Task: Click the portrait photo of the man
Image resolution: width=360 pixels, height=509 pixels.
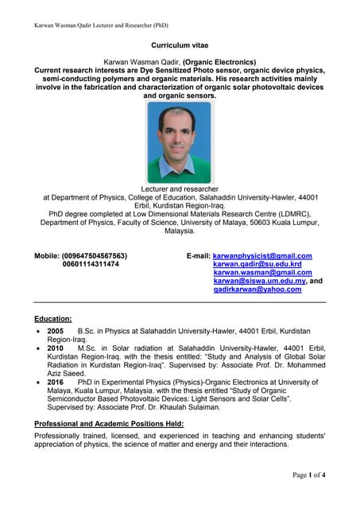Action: click(180, 141)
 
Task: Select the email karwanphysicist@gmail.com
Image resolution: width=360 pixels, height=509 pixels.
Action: click(262, 256)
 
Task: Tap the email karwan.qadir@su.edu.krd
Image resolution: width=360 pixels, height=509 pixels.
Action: click(257, 264)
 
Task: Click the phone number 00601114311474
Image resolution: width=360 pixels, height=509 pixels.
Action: click(91, 264)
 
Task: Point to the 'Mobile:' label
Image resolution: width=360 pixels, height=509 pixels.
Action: click(48, 256)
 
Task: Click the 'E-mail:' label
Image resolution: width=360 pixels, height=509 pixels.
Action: click(198, 256)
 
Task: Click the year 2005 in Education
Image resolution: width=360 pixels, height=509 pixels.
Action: click(56, 330)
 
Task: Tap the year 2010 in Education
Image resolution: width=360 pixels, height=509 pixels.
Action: click(56, 348)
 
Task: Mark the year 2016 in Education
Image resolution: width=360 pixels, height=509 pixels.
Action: click(56, 383)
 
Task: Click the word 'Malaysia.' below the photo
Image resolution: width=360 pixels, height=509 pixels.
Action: click(180, 231)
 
